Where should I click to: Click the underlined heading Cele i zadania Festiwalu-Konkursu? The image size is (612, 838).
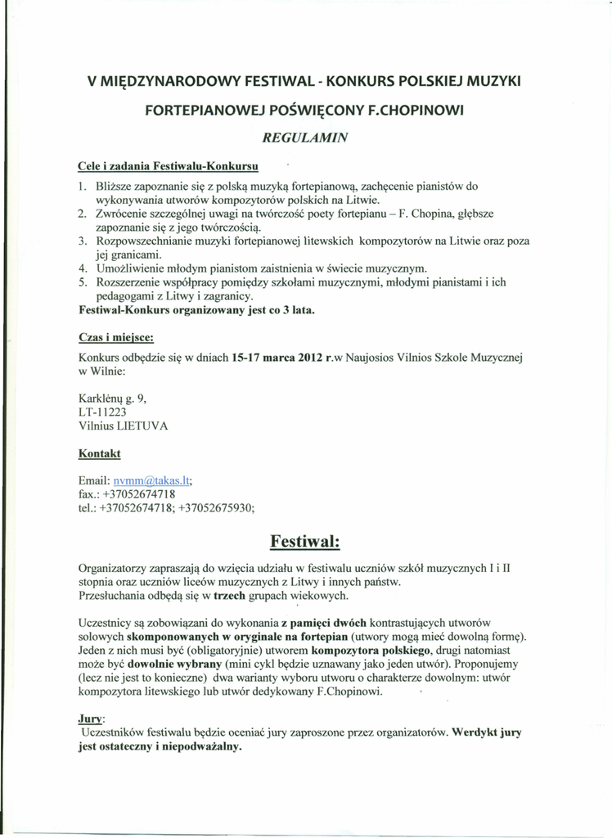pyautogui.click(x=169, y=166)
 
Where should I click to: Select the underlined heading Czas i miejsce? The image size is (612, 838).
pyautogui.click(x=116, y=337)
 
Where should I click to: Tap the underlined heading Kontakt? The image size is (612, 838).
pyautogui.click(x=99, y=453)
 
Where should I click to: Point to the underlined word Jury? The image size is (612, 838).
pyautogui.click(x=90, y=718)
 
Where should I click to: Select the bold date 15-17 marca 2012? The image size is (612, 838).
pyautogui.click(x=277, y=357)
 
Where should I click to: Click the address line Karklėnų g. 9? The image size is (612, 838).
pyautogui.click(x=112, y=399)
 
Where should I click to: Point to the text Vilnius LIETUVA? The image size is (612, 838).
pyautogui.click(x=123, y=426)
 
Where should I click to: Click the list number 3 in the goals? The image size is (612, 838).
pyautogui.click(x=83, y=241)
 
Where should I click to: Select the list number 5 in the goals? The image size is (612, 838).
pyautogui.click(x=83, y=282)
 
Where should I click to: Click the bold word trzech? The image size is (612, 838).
pyautogui.click(x=232, y=596)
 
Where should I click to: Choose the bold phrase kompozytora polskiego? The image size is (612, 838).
pyautogui.click(x=372, y=651)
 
